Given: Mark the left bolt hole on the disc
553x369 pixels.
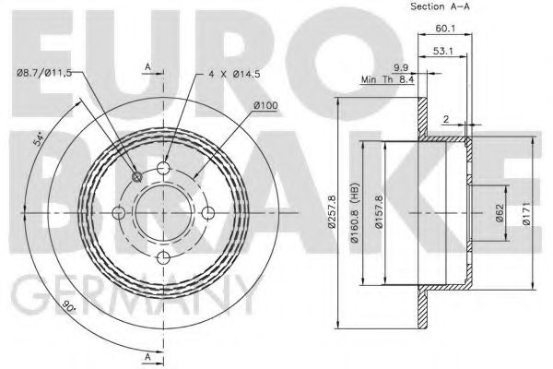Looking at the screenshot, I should (118, 212).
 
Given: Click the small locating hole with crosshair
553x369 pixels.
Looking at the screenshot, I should (136, 177).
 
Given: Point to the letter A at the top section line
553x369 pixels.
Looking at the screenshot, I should (147, 67).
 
